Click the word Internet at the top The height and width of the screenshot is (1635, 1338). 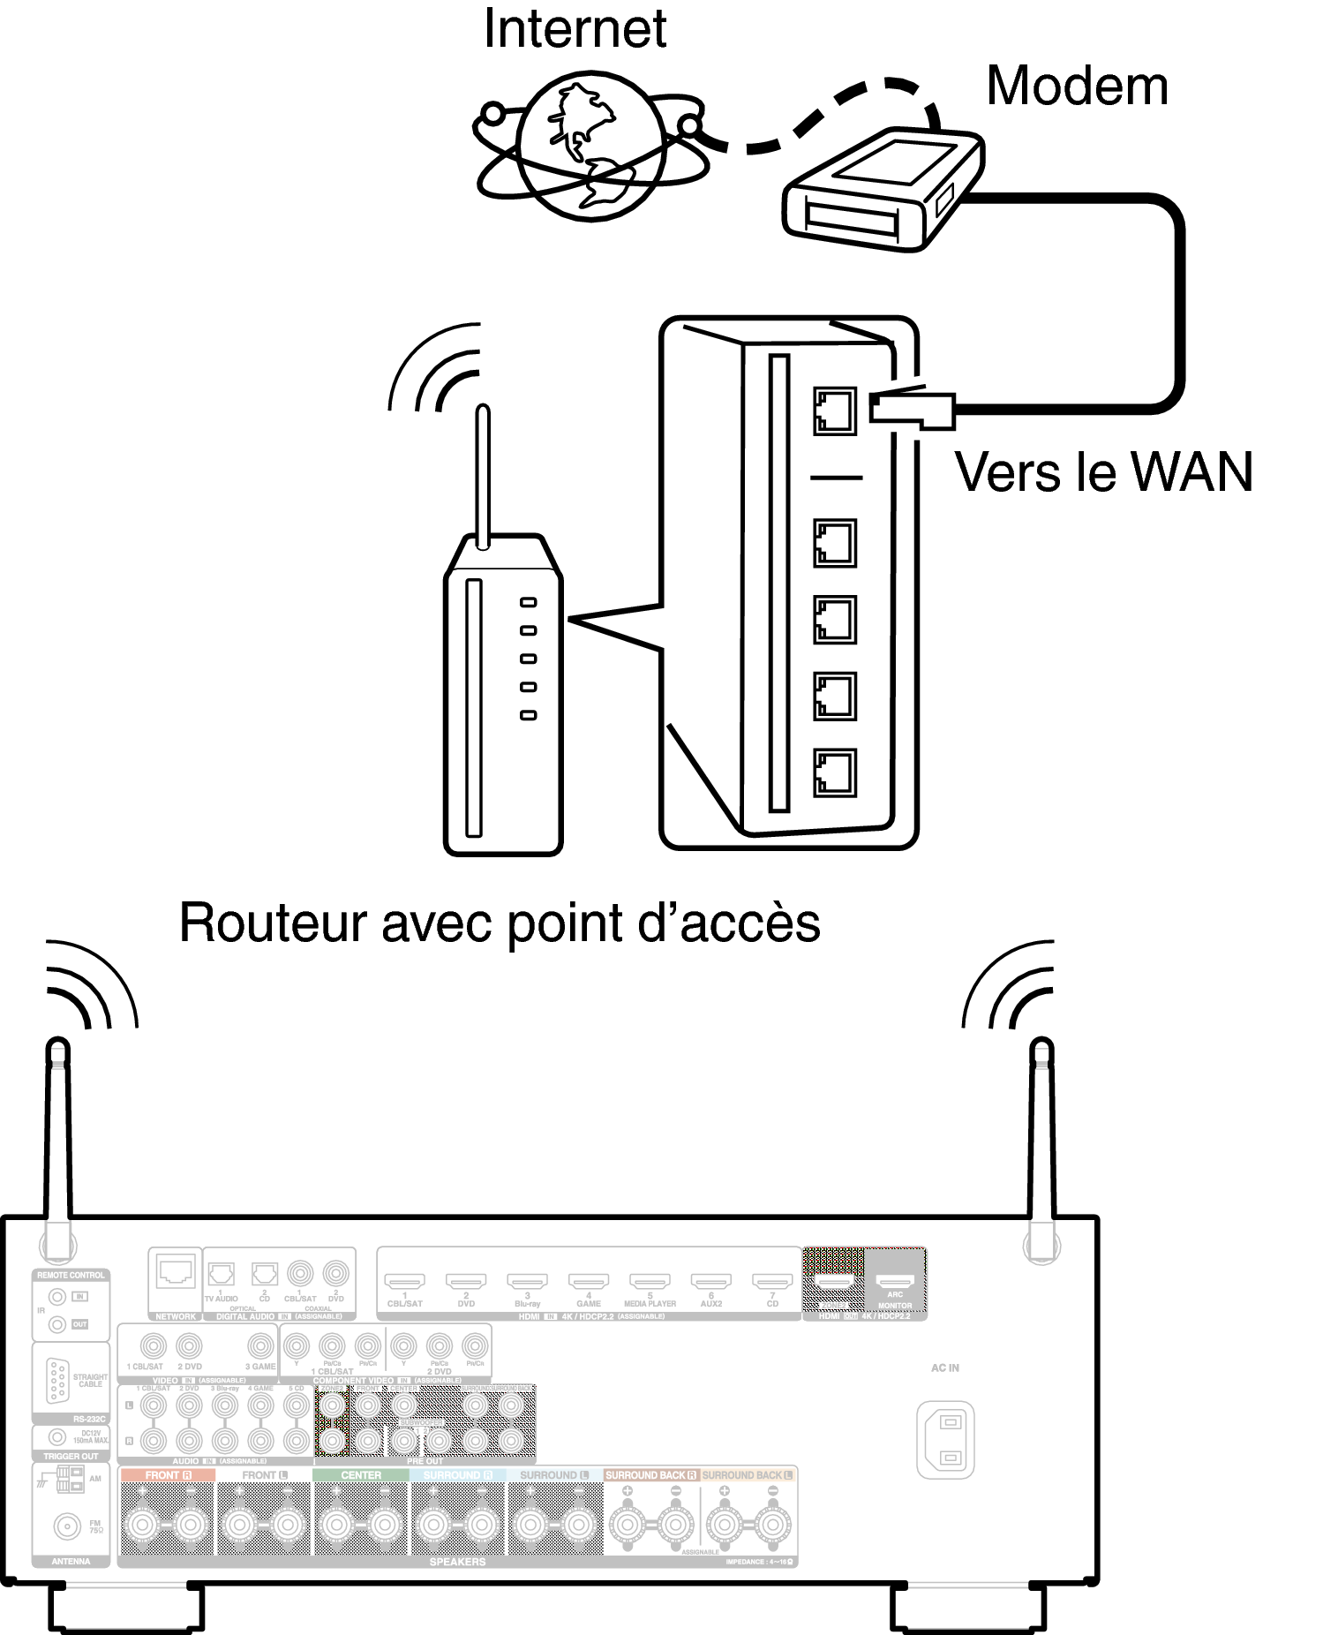575,28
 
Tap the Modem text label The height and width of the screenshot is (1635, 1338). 1076,87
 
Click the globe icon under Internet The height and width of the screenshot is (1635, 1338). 590,150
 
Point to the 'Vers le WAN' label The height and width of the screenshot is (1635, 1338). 1103,472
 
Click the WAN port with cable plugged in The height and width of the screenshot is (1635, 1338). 834,411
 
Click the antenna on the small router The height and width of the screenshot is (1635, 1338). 482,477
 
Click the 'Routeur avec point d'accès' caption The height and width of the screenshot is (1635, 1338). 500,923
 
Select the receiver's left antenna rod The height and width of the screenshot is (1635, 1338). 57,1139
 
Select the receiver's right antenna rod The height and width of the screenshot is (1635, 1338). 1042,1139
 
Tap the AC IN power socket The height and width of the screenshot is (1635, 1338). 945,1438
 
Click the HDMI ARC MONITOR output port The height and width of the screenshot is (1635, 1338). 895,1282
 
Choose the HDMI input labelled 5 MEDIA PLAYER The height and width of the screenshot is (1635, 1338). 650,1282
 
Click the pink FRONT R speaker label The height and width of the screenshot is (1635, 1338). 168,1475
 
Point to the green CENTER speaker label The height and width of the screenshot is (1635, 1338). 361,1475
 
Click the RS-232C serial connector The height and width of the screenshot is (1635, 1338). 58,1380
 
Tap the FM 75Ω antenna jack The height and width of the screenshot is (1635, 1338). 65,1526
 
